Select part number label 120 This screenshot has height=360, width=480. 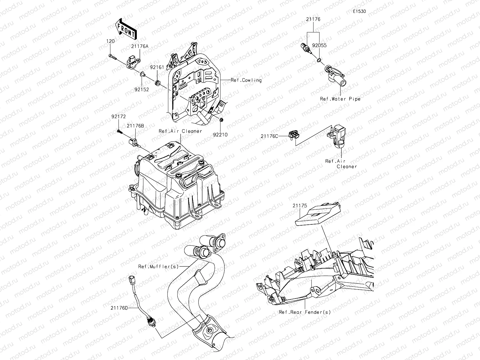(111, 41)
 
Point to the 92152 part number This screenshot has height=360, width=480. (142, 89)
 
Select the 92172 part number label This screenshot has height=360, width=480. (118, 116)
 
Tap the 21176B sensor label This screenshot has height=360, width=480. (135, 126)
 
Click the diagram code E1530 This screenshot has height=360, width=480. (359, 11)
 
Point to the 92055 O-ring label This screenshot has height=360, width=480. (319, 46)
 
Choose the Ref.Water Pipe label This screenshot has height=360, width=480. (340, 99)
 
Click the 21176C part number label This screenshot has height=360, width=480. (269, 136)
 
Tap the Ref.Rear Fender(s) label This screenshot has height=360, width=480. (305, 312)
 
